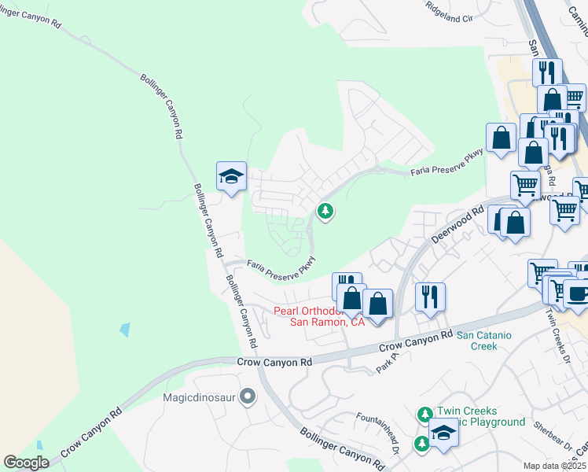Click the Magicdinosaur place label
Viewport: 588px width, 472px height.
coord(200,397)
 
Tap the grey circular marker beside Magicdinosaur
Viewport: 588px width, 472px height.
coord(248,396)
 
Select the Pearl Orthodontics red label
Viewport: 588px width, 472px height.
coord(318,316)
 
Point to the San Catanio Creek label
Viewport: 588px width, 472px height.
coord(483,341)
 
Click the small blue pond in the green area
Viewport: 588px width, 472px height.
coord(125,330)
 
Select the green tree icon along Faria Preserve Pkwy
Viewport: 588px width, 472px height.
coord(325,211)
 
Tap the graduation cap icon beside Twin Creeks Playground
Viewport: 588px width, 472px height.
coord(443,432)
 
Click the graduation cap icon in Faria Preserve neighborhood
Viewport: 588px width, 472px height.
coord(232,176)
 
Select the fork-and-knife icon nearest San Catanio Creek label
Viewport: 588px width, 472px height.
coord(430,297)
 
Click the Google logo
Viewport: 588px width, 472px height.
coord(26,463)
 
